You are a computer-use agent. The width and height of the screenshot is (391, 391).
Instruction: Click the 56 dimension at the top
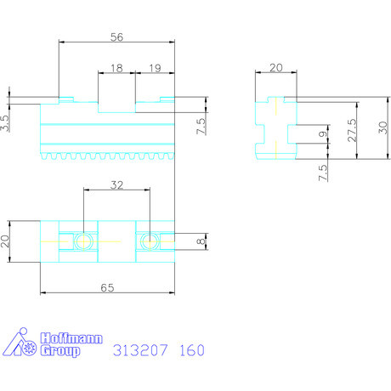(118, 37)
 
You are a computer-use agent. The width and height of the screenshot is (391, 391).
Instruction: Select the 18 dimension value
(116, 67)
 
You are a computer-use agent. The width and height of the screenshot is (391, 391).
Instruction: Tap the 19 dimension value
(154, 67)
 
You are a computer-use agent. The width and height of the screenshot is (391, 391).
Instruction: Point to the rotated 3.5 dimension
(6, 124)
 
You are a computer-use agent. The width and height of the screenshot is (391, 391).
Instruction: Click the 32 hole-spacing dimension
(117, 184)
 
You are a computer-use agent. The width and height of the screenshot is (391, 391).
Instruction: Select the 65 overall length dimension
(108, 288)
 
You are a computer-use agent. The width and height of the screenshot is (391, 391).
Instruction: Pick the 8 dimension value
(201, 241)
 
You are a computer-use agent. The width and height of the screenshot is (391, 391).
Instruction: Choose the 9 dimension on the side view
(322, 133)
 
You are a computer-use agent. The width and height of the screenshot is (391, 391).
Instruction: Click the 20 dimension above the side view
(275, 68)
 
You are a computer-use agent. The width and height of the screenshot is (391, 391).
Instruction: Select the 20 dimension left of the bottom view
(8, 241)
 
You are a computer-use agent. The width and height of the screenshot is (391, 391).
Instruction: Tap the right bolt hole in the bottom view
(150, 241)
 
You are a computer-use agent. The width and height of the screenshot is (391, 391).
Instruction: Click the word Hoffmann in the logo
(71, 339)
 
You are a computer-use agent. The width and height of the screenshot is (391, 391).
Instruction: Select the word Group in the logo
(61, 352)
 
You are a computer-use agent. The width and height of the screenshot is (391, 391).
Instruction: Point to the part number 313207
(139, 350)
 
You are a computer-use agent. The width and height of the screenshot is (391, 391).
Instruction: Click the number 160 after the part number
(191, 350)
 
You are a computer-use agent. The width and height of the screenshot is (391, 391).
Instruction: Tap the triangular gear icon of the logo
(21, 344)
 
